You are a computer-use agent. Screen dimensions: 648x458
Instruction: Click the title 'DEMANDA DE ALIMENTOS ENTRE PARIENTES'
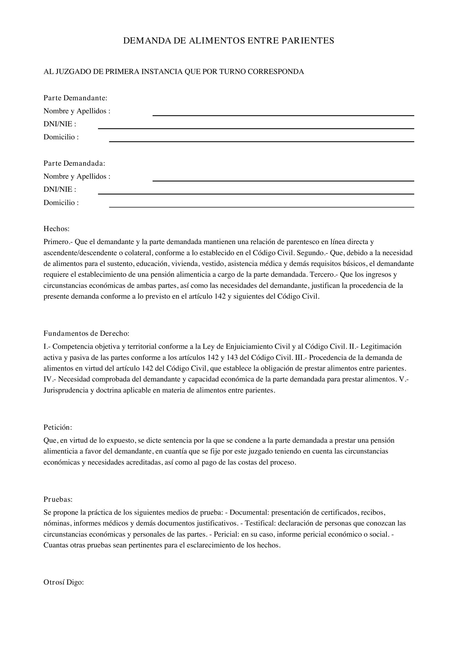click(x=228, y=41)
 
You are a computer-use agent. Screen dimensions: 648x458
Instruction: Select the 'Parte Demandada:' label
click(x=74, y=163)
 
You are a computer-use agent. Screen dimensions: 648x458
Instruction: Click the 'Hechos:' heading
click(x=56, y=229)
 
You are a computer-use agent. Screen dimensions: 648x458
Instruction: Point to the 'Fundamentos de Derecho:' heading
click(x=86, y=333)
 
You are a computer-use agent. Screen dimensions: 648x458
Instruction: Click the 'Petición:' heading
click(x=58, y=427)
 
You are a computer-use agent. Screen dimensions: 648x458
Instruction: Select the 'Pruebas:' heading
click(x=58, y=499)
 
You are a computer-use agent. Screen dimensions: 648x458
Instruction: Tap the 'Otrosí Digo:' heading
click(x=64, y=582)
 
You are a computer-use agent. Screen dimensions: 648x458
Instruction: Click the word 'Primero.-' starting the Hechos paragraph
click(x=58, y=242)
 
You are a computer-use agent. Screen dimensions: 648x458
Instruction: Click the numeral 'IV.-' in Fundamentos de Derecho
click(x=50, y=379)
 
